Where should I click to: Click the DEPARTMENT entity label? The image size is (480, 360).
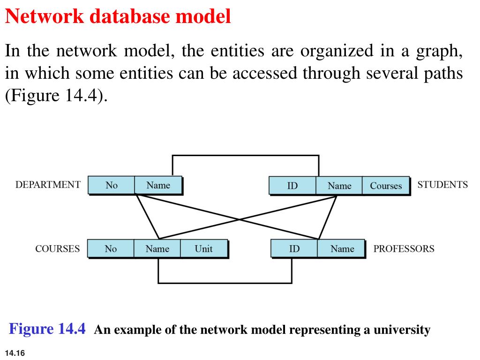tap(48, 185)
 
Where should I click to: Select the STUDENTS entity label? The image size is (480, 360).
tap(442, 185)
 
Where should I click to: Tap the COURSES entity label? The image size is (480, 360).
tap(58, 249)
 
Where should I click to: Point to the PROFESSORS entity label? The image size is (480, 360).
tap(404, 249)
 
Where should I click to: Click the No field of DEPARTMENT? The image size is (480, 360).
tap(112, 185)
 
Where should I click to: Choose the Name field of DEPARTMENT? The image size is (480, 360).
tap(158, 185)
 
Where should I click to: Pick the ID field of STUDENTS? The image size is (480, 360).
tap(292, 186)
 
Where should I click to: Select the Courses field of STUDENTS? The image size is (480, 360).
tap(386, 186)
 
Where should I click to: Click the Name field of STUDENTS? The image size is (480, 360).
tap(339, 186)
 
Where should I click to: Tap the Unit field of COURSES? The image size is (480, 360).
tap(203, 248)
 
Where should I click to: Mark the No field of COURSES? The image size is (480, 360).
tap(111, 248)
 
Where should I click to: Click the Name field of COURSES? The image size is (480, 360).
tap(157, 248)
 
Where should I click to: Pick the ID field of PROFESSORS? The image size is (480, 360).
tap(294, 248)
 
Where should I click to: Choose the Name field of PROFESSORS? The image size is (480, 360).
tap(342, 248)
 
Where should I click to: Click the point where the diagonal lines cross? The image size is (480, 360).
tap(240, 219)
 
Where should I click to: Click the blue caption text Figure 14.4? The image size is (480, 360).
tap(47, 329)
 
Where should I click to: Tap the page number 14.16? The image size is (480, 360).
tap(15, 353)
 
